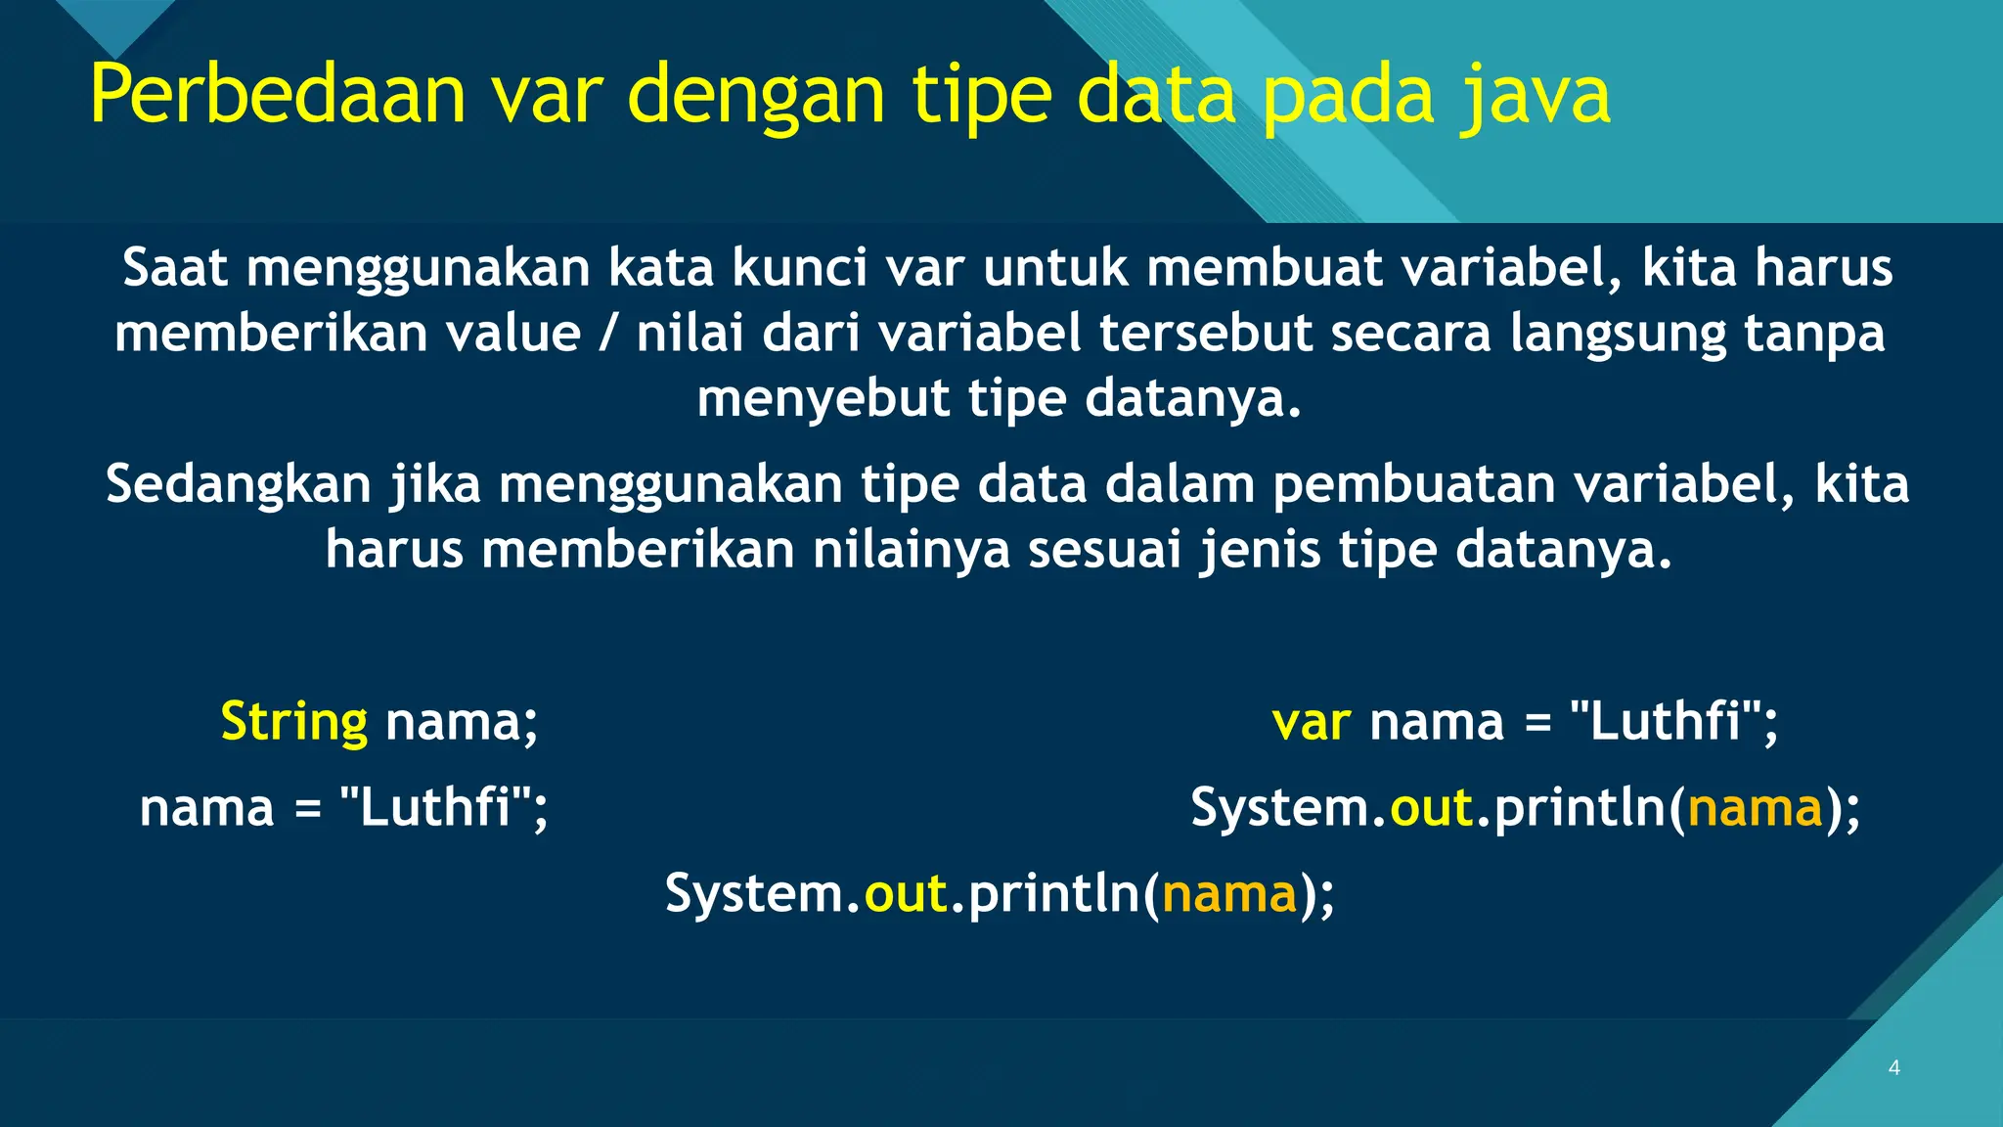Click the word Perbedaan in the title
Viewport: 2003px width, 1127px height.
[x=278, y=95]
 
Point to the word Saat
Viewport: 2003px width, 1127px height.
[x=175, y=267]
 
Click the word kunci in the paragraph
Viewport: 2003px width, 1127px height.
[x=800, y=267]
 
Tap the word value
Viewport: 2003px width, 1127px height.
[x=513, y=333]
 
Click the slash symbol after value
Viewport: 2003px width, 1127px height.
[x=608, y=333]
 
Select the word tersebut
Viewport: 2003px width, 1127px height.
[x=1205, y=333]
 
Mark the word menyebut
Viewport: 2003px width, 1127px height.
[x=823, y=398]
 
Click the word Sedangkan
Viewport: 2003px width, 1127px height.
[x=239, y=484]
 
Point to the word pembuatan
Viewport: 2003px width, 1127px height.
[x=1413, y=484]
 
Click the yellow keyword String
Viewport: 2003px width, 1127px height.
[x=293, y=722]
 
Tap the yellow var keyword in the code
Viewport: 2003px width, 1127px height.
[x=1311, y=723]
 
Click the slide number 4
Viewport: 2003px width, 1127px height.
[x=1894, y=1067]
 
